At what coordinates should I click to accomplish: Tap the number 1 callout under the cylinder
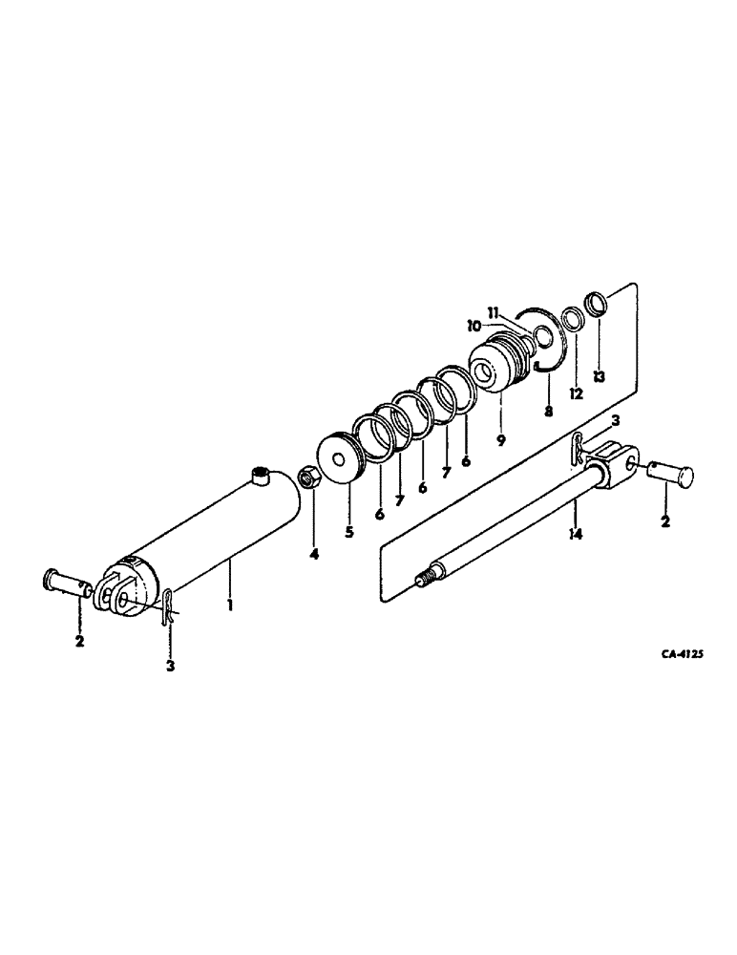(x=231, y=605)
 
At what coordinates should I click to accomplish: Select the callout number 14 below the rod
(x=575, y=536)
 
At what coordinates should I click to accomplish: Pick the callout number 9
(x=501, y=441)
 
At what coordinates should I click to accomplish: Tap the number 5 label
(x=349, y=532)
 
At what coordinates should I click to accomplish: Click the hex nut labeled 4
(x=309, y=477)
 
